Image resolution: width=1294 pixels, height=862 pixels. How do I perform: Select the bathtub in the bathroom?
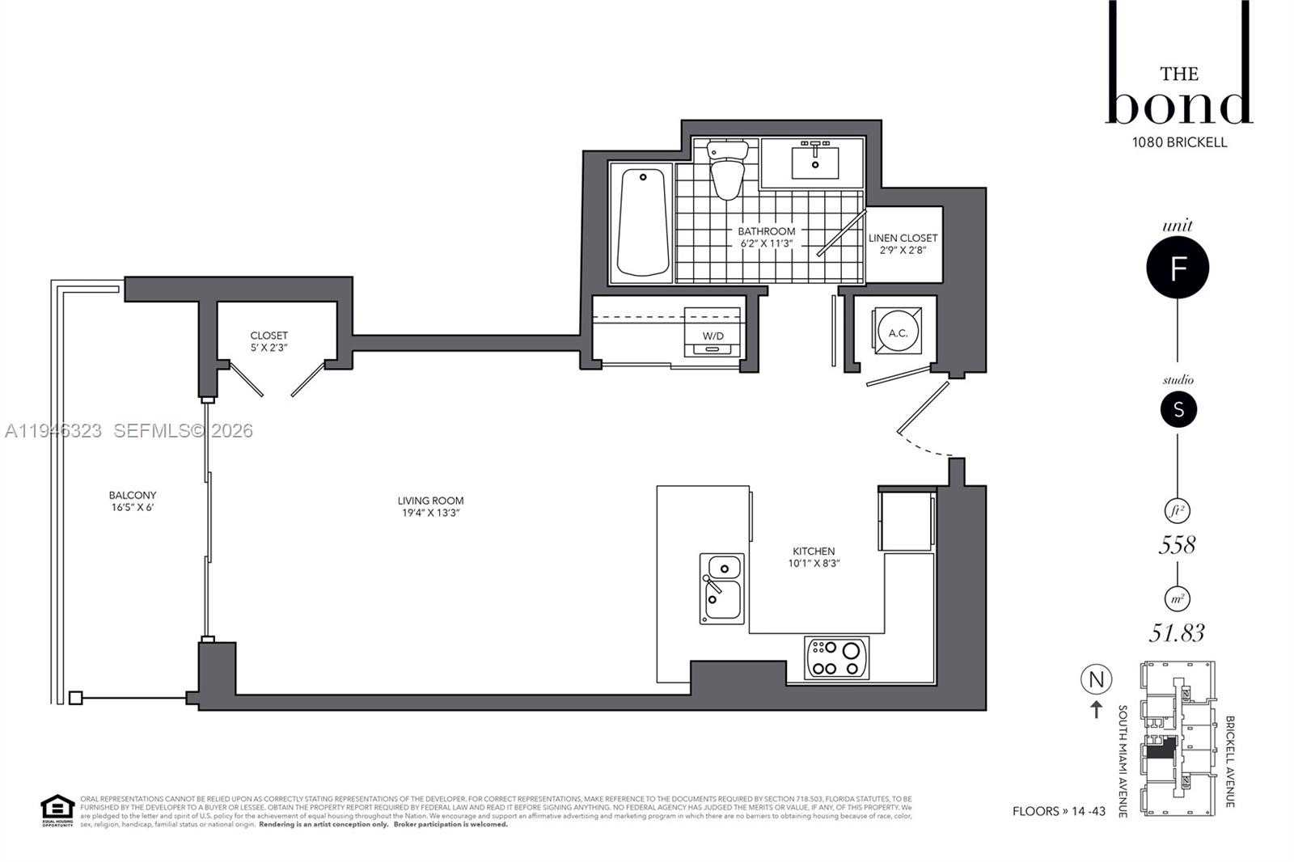[642, 223]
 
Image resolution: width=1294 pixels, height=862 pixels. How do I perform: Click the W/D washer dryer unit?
[713, 332]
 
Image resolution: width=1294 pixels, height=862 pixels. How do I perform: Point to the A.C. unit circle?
[898, 332]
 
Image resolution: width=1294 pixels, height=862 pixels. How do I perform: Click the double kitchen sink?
[721, 588]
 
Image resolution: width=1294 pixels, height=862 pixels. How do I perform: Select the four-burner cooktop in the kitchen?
[837, 657]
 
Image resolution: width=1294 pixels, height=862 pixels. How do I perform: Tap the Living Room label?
[430, 501]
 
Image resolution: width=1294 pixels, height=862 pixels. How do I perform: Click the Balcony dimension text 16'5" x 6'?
[133, 508]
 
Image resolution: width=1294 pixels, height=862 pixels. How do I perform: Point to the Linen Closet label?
[903, 238]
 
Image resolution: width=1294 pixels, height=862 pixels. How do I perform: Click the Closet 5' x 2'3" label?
[269, 341]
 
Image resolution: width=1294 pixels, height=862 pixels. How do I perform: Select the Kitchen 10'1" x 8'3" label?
[814, 557]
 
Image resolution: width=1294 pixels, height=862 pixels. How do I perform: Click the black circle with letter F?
[1178, 268]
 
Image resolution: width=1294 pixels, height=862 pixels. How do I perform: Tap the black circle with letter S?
[1178, 410]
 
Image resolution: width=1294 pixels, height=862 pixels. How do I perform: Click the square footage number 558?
[1177, 545]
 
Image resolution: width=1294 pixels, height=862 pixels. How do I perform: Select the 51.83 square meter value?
[1178, 632]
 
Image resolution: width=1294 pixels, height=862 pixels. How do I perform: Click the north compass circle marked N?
[1096, 679]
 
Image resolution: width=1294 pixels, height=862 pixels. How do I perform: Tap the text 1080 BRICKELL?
[1179, 142]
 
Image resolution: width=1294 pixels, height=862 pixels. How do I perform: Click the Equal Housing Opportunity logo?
[57, 810]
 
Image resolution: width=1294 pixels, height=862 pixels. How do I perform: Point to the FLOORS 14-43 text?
[1058, 811]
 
